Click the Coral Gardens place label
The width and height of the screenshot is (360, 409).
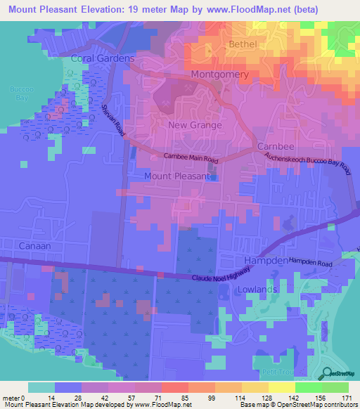point(101,58)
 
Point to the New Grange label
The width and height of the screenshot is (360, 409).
point(195,125)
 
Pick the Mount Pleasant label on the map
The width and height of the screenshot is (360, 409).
point(176,176)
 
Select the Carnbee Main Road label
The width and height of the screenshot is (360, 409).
point(191,158)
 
